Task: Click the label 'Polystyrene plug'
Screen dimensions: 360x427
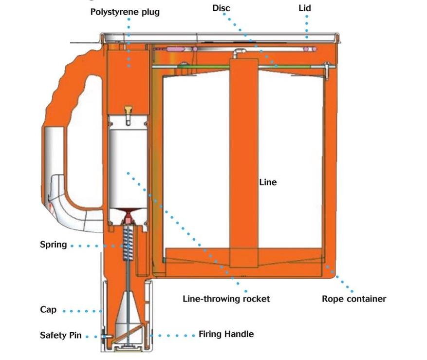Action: [x=125, y=12]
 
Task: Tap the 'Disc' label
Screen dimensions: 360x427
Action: [x=221, y=8]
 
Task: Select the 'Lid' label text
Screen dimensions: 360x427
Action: [x=305, y=8]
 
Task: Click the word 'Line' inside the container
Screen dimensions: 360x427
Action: [x=267, y=182]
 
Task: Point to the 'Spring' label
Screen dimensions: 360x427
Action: [x=54, y=244]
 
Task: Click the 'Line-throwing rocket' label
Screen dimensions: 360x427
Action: [x=226, y=299]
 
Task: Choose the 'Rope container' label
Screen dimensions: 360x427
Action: [x=354, y=299]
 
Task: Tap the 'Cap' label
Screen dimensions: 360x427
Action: [x=48, y=310]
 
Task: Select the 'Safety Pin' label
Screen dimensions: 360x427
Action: [x=61, y=335]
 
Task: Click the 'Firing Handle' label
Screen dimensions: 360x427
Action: [x=226, y=334]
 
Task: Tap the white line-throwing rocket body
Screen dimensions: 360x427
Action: [x=128, y=161]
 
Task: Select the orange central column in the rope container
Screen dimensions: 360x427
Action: [x=243, y=161]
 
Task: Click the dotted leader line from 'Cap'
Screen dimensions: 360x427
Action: [x=83, y=310]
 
